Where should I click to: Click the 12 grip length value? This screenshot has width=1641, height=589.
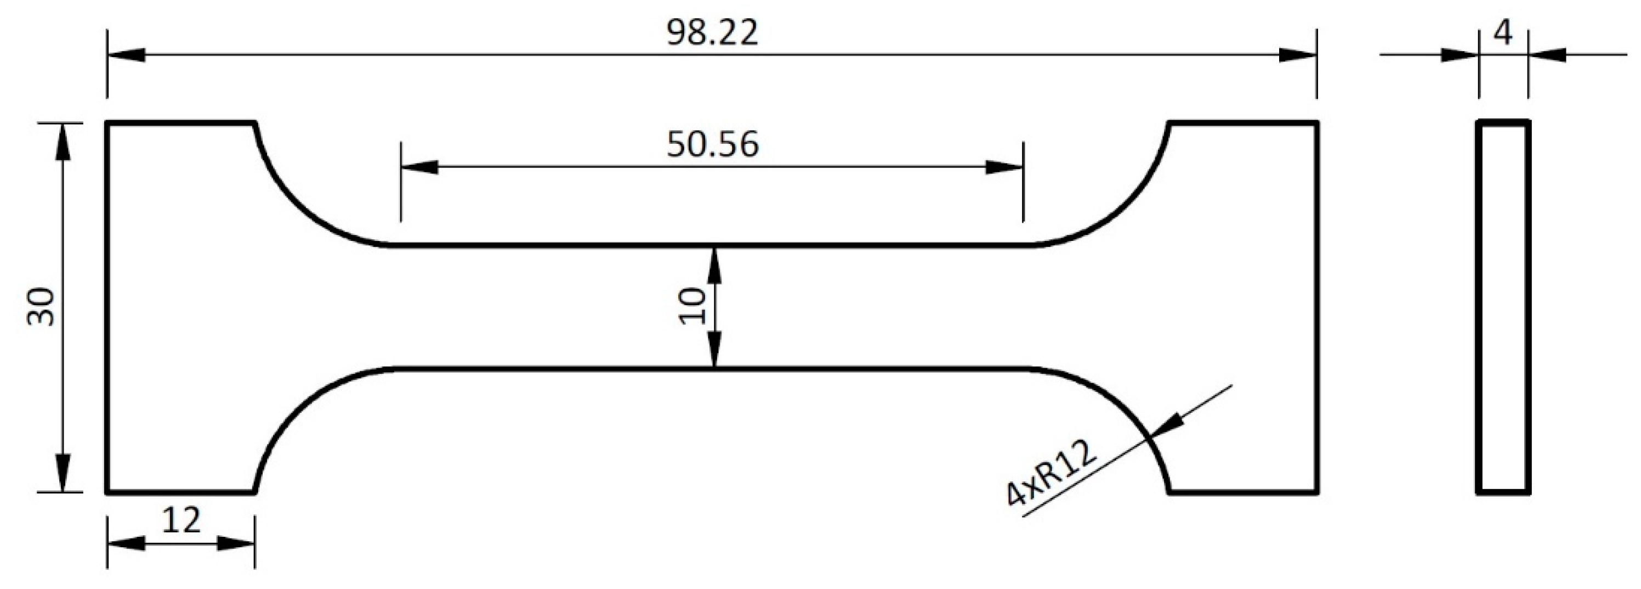click(181, 521)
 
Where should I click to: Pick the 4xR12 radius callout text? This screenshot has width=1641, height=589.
click(1052, 474)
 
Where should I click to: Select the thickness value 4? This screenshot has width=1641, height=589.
click(1503, 33)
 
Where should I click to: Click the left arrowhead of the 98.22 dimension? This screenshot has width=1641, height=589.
click(126, 55)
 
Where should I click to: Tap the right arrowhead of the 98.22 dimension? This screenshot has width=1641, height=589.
click(1298, 55)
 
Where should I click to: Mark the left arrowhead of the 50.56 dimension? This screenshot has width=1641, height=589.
click(419, 167)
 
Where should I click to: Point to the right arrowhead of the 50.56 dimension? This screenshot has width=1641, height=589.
click(1004, 167)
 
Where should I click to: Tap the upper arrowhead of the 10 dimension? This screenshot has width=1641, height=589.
click(714, 265)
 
